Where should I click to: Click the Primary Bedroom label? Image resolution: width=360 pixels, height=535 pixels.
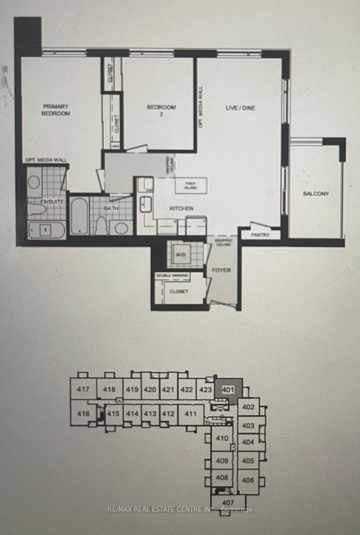pos(56,110)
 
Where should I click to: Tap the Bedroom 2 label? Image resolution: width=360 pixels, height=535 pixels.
pos(161,110)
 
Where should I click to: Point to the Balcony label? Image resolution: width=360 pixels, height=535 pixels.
pos(316,193)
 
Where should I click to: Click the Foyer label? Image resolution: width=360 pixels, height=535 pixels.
pos(221,270)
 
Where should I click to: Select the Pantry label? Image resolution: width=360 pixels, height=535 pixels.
pos(260,235)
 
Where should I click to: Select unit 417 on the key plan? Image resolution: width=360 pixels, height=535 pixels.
pos(83,390)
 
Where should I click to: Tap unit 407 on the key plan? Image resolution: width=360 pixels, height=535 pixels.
pos(228,502)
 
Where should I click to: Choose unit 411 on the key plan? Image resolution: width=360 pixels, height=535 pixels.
pos(190,414)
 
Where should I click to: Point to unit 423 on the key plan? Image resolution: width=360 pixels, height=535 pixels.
pos(205,390)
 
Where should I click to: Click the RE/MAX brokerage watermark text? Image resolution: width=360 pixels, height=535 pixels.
pos(180,509)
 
